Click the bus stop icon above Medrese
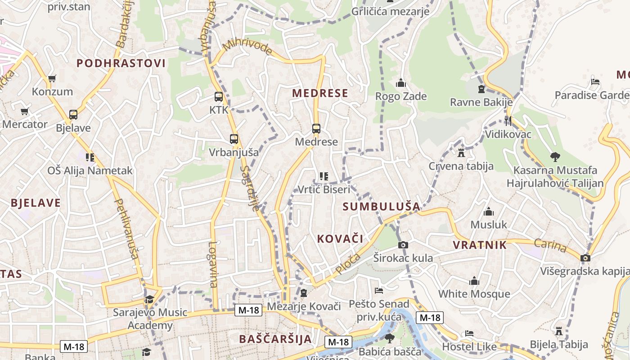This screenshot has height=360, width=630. [316, 129]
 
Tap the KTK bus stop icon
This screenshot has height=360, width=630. [219, 97]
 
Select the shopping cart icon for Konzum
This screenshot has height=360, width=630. [52, 79]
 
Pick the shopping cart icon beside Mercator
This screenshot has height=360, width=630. [24, 111]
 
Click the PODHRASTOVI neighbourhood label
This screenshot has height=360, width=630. [121, 63]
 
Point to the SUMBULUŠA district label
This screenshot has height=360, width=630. [381, 207]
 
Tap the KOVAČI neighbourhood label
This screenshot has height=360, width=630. [340, 238]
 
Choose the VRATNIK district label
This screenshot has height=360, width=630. [480, 245]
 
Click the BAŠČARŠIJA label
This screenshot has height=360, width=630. [275, 339]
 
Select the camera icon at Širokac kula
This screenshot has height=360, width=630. [403, 245]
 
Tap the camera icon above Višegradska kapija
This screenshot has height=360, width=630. [585, 258]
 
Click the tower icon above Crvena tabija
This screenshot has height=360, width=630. [461, 153]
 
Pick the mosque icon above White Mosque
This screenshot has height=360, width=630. [474, 281]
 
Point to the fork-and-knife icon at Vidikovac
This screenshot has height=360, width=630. [508, 121]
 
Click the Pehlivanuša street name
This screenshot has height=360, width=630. [126, 229]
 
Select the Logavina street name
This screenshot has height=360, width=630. [213, 265]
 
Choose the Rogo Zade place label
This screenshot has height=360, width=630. [401, 96]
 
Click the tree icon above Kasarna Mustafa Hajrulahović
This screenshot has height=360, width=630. [555, 157]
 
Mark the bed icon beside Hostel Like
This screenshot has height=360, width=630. [469, 333]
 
